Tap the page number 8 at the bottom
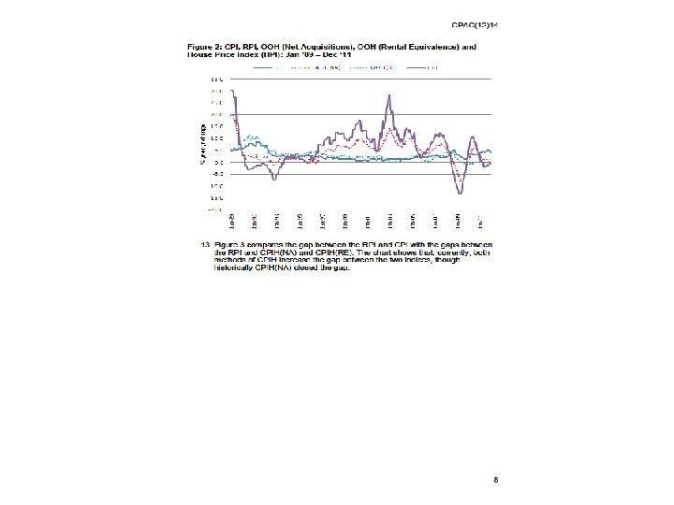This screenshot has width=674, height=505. (x=495, y=480)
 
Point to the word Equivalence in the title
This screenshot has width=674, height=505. (x=432, y=46)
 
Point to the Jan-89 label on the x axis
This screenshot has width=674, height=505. (x=232, y=222)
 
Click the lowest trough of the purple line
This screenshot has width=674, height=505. (x=460, y=192)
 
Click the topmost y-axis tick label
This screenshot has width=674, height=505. (x=216, y=79)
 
